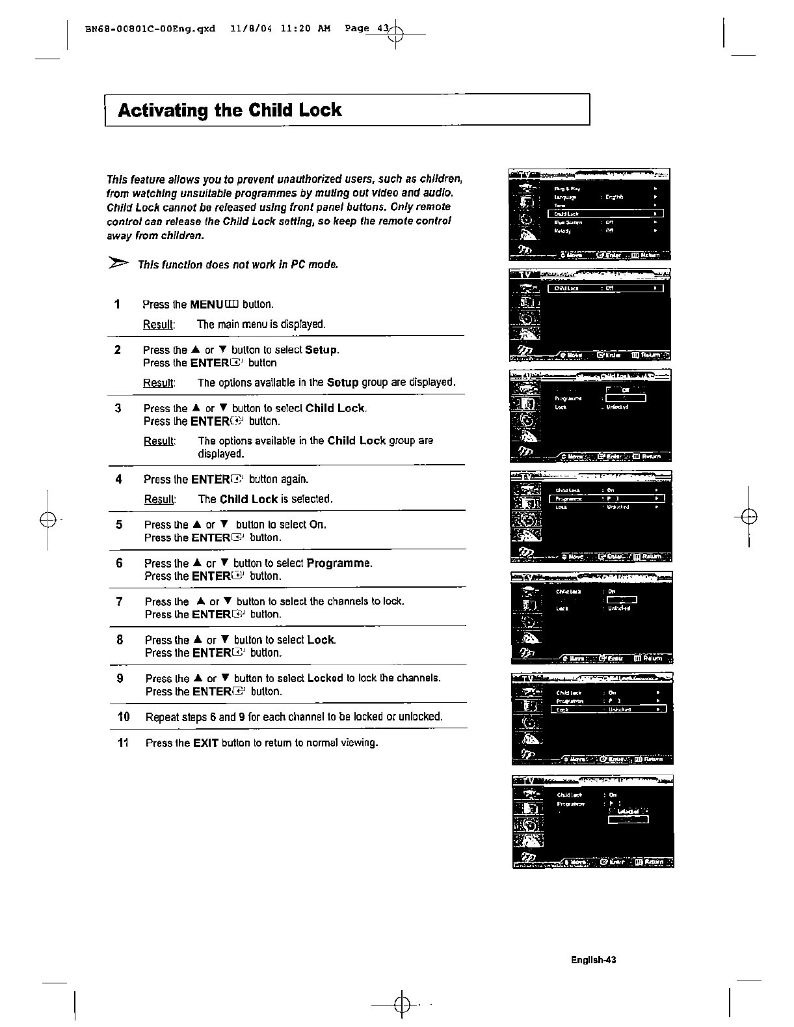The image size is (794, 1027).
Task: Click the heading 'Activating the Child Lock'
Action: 230,110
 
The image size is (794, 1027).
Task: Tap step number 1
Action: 117,304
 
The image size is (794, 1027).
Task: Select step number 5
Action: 118,524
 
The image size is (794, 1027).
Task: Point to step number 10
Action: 124,717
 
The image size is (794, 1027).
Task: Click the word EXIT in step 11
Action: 205,743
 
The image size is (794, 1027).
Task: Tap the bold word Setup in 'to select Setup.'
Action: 321,350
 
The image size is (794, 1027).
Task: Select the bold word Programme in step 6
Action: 339,563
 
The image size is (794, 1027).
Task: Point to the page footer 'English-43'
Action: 594,959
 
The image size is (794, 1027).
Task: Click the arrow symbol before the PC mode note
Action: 118,264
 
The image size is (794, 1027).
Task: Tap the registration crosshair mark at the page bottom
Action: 402,1005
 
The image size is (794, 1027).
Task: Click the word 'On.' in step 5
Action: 317,525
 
